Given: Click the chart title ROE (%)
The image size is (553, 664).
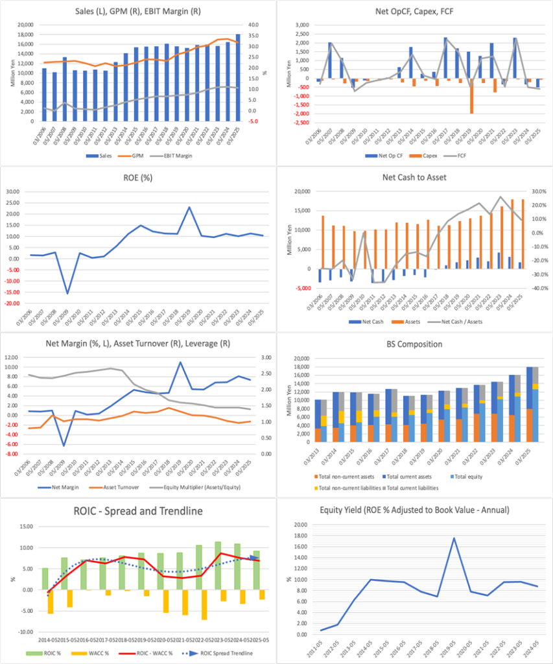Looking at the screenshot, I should tap(137, 182).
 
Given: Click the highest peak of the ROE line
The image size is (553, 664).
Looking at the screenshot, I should tap(189, 207).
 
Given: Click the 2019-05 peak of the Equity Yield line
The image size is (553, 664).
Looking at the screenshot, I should tap(454, 538).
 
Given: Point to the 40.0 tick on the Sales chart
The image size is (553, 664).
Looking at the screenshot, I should tap(255, 25).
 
